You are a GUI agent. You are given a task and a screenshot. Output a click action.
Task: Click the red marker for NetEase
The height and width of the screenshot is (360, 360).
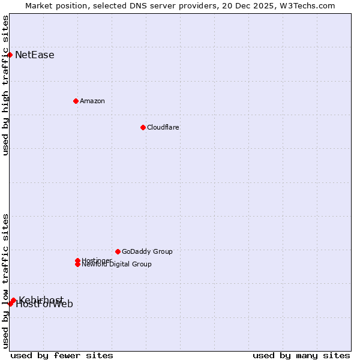[10, 55]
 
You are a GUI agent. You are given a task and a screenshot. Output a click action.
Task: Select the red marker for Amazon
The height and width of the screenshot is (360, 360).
[76, 101]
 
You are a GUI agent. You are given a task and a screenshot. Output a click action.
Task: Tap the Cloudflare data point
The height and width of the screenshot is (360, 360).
[143, 127]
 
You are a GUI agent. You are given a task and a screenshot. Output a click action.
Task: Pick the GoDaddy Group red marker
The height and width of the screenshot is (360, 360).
[118, 251]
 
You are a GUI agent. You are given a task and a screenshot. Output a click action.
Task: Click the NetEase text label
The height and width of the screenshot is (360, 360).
[35, 55]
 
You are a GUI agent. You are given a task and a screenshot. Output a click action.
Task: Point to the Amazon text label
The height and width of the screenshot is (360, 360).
[92, 101]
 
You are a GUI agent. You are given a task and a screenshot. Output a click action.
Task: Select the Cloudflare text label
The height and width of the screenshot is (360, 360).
[163, 127]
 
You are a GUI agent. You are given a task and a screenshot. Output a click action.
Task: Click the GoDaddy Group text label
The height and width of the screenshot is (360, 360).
[147, 251]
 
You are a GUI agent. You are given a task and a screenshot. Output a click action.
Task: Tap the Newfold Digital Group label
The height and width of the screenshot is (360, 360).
[117, 264]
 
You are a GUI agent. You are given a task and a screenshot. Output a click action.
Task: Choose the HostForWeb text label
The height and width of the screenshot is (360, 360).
[44, 304]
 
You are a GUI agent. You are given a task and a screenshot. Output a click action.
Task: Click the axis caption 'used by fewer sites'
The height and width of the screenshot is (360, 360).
[62, 355]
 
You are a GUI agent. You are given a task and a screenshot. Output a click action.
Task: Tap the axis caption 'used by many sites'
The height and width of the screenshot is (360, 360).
[301, 355]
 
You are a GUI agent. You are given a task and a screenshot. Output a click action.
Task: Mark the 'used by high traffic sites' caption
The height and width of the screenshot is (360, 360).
[6, 85]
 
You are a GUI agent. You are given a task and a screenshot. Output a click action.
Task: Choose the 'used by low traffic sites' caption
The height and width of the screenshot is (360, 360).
[6, 281]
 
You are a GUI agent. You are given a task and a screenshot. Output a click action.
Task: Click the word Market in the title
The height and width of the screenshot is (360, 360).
[40, 6]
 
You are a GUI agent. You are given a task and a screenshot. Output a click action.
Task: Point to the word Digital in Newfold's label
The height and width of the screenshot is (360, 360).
[119, 264]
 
